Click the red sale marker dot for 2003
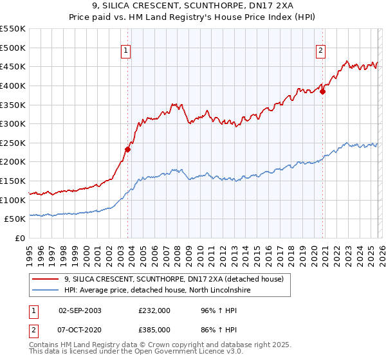[127, 149]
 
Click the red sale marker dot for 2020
[323, 91]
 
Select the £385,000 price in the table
[154, 329]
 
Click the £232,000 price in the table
[154, 310]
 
